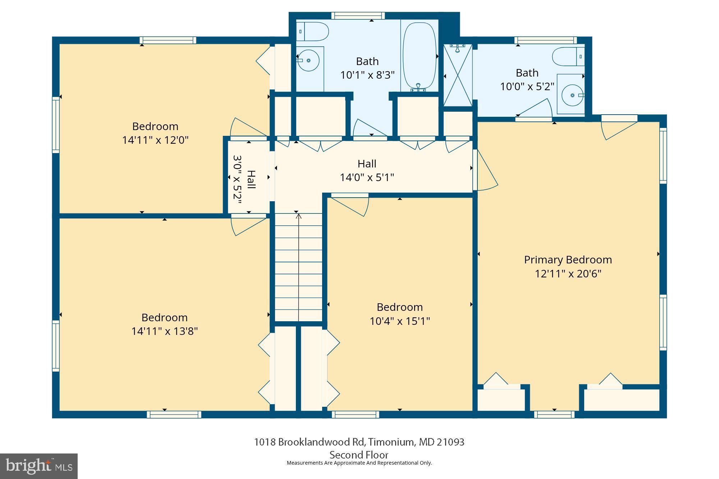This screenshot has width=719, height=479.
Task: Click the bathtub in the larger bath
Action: tap(419, 56)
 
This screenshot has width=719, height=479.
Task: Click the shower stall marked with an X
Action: tap(457, 75)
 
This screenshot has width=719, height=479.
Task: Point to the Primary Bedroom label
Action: tap(568, 260)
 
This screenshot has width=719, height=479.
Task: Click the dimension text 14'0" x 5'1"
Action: tap(367, 178)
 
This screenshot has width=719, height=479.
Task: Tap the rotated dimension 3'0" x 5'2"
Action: tap(237, 179)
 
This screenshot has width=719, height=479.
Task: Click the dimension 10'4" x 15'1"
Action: tap(400, 321)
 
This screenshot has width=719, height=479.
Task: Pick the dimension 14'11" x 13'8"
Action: tap(164, 331)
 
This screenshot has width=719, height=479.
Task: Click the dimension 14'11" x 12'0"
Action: tap(155, 140)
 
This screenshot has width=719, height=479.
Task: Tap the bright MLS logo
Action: tap(39, 466)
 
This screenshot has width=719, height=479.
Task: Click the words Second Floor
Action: tap(359, 455)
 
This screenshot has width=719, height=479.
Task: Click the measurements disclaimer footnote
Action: tap(359, 463)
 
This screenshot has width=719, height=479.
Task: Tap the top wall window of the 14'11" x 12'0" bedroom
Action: tap(168, 40)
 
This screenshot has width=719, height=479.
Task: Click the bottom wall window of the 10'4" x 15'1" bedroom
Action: tap(355, 414)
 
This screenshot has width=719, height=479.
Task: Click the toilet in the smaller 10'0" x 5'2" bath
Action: tap(568, 57)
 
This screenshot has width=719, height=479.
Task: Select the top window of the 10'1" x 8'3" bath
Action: tap(358, 16)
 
